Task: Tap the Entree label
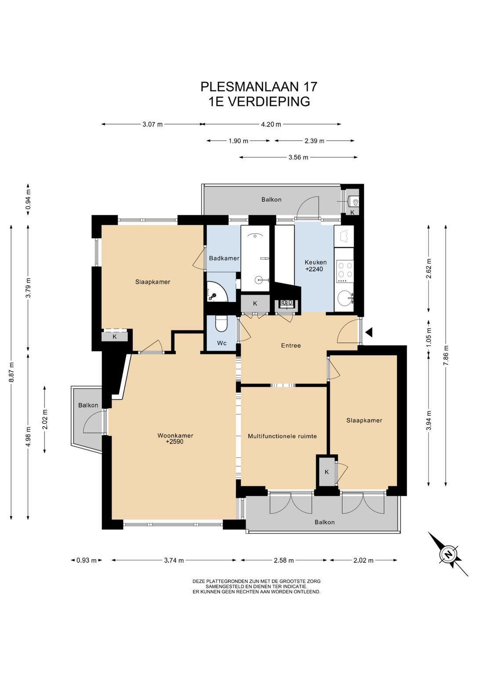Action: (x=291, y=346)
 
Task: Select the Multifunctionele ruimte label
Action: (x=282, y=436)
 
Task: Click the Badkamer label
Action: (x=224, y=258)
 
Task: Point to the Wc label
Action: (x=222, y=343)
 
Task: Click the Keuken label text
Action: (x=315, y=262)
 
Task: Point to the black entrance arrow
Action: (x=369, y=332)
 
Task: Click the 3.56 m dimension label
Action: (x=298, y=157)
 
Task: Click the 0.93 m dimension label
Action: (x=87, y=560)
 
